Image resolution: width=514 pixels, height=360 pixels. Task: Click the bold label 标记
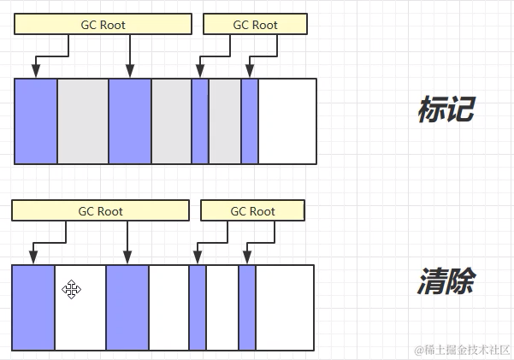coord(446,109)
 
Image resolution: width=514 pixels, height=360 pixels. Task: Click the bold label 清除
coord(446,281)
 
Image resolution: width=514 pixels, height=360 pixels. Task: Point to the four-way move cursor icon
coord(72,290)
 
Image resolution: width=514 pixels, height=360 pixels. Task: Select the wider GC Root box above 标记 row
coord(101,25)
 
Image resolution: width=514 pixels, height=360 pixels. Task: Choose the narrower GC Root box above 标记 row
coord(255,25)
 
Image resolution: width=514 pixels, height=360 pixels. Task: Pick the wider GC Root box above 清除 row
coord(100,211)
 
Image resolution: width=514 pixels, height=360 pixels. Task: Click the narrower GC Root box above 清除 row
coord(252,211)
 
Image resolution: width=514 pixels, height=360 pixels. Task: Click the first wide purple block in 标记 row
coord(36,121)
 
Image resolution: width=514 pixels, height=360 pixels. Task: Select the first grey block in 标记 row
coord(83,121)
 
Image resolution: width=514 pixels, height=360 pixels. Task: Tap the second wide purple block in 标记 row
coord(130,121)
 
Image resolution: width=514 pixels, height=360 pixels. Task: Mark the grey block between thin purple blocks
coord(225,121)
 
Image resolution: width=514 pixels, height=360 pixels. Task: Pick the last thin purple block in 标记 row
coord(250,121)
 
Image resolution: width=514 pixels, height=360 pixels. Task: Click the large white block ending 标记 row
coord(287,121)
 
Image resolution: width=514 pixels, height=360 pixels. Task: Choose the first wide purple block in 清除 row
coord(33,307)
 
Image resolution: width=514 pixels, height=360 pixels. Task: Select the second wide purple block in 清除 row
coord(127,307)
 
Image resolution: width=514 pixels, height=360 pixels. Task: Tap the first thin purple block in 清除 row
coord(198,307)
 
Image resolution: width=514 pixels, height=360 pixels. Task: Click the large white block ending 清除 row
coord(285,307)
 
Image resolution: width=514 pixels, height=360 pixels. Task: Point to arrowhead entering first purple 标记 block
coord(35,73)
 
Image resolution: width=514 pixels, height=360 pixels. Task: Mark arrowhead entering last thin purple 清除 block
coord(246,259)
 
